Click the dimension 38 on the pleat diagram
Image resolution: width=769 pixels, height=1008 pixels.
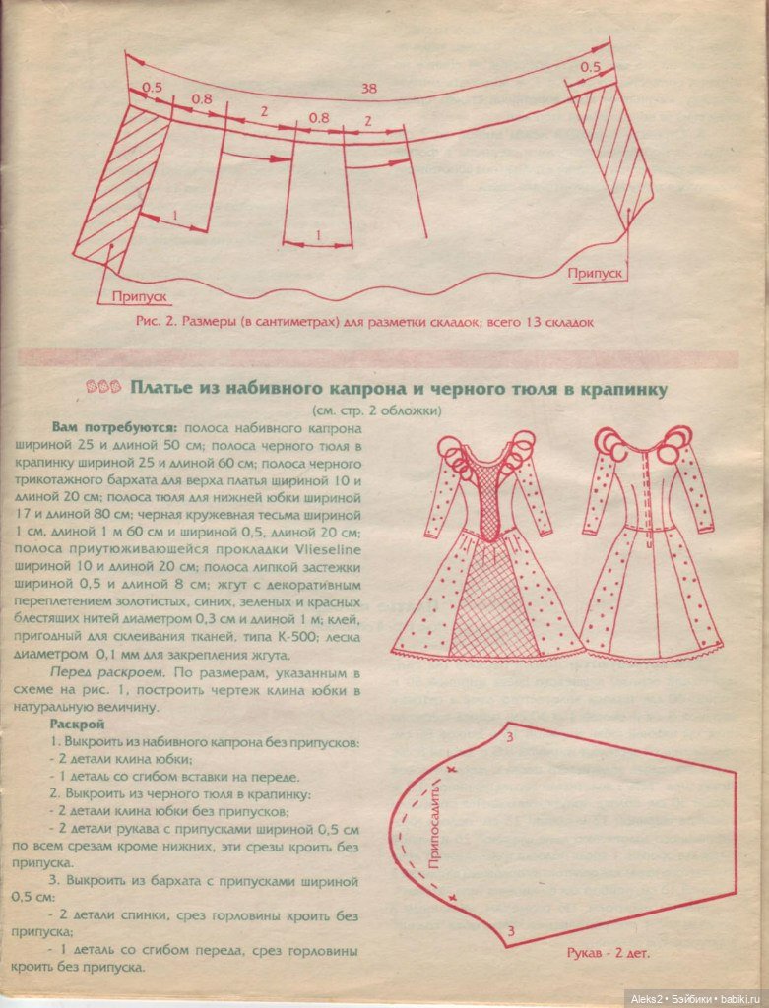369,89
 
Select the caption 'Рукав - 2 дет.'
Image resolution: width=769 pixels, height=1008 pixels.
608,953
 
